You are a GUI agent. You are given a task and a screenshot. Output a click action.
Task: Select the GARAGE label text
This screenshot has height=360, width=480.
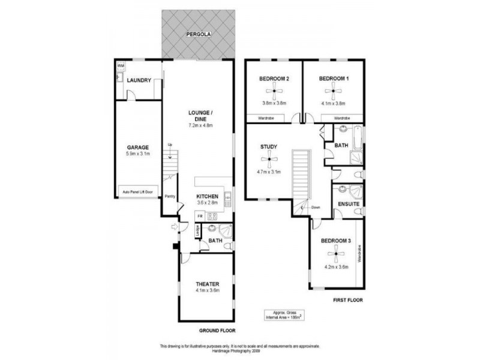tap(137, 147)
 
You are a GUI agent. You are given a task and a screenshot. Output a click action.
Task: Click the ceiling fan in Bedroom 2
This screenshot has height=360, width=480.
tap(274, 92)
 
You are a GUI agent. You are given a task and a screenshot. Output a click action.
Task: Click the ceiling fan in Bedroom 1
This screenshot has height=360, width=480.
tap(334, 92)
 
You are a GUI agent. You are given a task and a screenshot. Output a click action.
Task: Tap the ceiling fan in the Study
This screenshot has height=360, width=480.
tap(268, 159)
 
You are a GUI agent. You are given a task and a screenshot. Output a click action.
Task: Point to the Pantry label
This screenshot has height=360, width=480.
tap(170, 196)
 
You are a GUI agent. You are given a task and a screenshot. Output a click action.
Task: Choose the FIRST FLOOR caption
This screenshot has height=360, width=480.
tap(347, 299)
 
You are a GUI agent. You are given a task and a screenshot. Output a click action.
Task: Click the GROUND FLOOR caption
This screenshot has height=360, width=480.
tap(218, 331)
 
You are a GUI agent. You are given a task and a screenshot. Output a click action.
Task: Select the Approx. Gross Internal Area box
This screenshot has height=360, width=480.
tap(281, 315)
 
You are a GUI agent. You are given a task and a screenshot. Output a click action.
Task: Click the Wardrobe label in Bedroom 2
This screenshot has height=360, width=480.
tap(267, 118)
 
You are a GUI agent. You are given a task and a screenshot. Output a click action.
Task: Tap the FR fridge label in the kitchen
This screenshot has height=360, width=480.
tap(200, 215)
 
